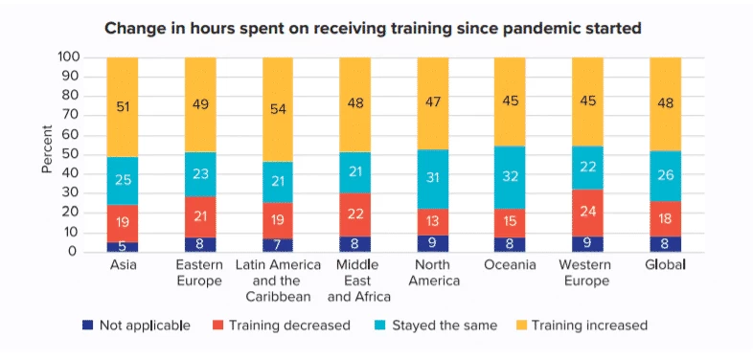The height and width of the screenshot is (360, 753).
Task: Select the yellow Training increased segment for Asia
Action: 123,106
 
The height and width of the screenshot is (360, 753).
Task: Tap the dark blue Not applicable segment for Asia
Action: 123,247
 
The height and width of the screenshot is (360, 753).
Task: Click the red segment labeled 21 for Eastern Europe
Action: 200,216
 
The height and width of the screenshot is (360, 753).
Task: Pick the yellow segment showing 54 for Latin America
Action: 278,109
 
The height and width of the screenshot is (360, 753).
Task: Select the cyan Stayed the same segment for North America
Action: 433,179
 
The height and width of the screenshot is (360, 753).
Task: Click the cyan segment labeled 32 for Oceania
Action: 511,177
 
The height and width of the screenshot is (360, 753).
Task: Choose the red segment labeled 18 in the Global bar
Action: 666,218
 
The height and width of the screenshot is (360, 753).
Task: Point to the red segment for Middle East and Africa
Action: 355,215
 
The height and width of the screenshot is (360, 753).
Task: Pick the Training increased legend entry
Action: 583,325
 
